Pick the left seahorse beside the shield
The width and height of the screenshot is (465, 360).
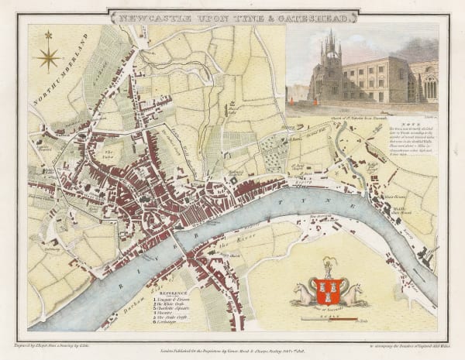click(303, 294)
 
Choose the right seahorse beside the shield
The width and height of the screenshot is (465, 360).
click(353, 294)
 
